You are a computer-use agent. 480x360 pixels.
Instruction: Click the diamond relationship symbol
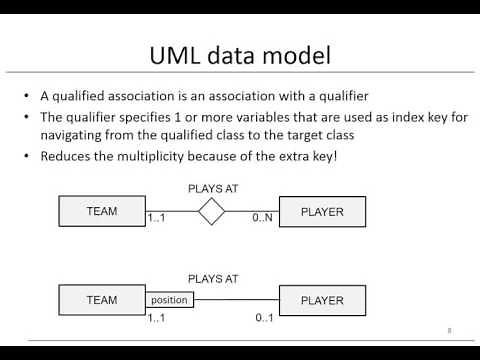[211, 211]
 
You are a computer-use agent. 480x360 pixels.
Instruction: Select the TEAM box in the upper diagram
[102, 211]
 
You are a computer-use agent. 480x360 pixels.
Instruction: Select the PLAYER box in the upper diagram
[322, 211]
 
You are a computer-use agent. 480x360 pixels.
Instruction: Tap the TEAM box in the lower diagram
[102, 299]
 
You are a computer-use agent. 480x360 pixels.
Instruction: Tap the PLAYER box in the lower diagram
[322, 299]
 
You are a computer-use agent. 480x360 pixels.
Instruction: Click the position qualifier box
[169, 299]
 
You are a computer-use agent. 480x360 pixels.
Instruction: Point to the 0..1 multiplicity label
[264, 317]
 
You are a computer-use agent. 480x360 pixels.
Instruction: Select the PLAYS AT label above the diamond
[212, 187]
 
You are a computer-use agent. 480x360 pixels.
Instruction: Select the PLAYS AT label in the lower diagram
[212, 279]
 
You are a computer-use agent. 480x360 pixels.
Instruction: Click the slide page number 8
[449, 329]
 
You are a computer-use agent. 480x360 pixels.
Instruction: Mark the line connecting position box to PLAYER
[235, 299]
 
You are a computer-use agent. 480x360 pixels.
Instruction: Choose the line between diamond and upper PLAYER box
[251, 211]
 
